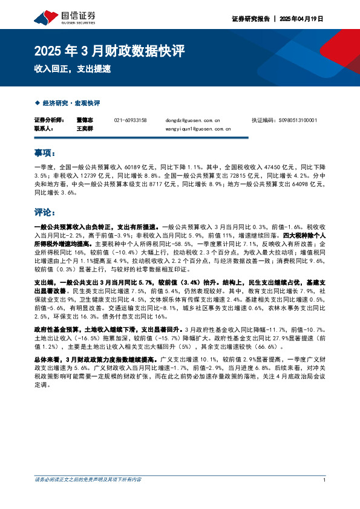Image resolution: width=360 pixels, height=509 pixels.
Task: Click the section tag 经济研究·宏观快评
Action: coord(71,103)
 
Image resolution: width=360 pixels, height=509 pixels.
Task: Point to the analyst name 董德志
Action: coord(85,120)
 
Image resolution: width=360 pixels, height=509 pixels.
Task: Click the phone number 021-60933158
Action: coord(130,120)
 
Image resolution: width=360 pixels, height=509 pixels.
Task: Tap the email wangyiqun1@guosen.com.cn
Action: coord(197,129)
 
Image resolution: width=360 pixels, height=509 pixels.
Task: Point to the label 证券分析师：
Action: coord(48,120)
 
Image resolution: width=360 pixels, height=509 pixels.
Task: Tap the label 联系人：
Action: coord(44,129)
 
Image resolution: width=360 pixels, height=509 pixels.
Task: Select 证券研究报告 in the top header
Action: coord(249,19)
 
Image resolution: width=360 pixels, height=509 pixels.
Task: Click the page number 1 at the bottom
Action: coord(324,480)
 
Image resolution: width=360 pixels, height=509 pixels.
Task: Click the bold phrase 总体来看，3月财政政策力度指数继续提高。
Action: coord(97,358)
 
